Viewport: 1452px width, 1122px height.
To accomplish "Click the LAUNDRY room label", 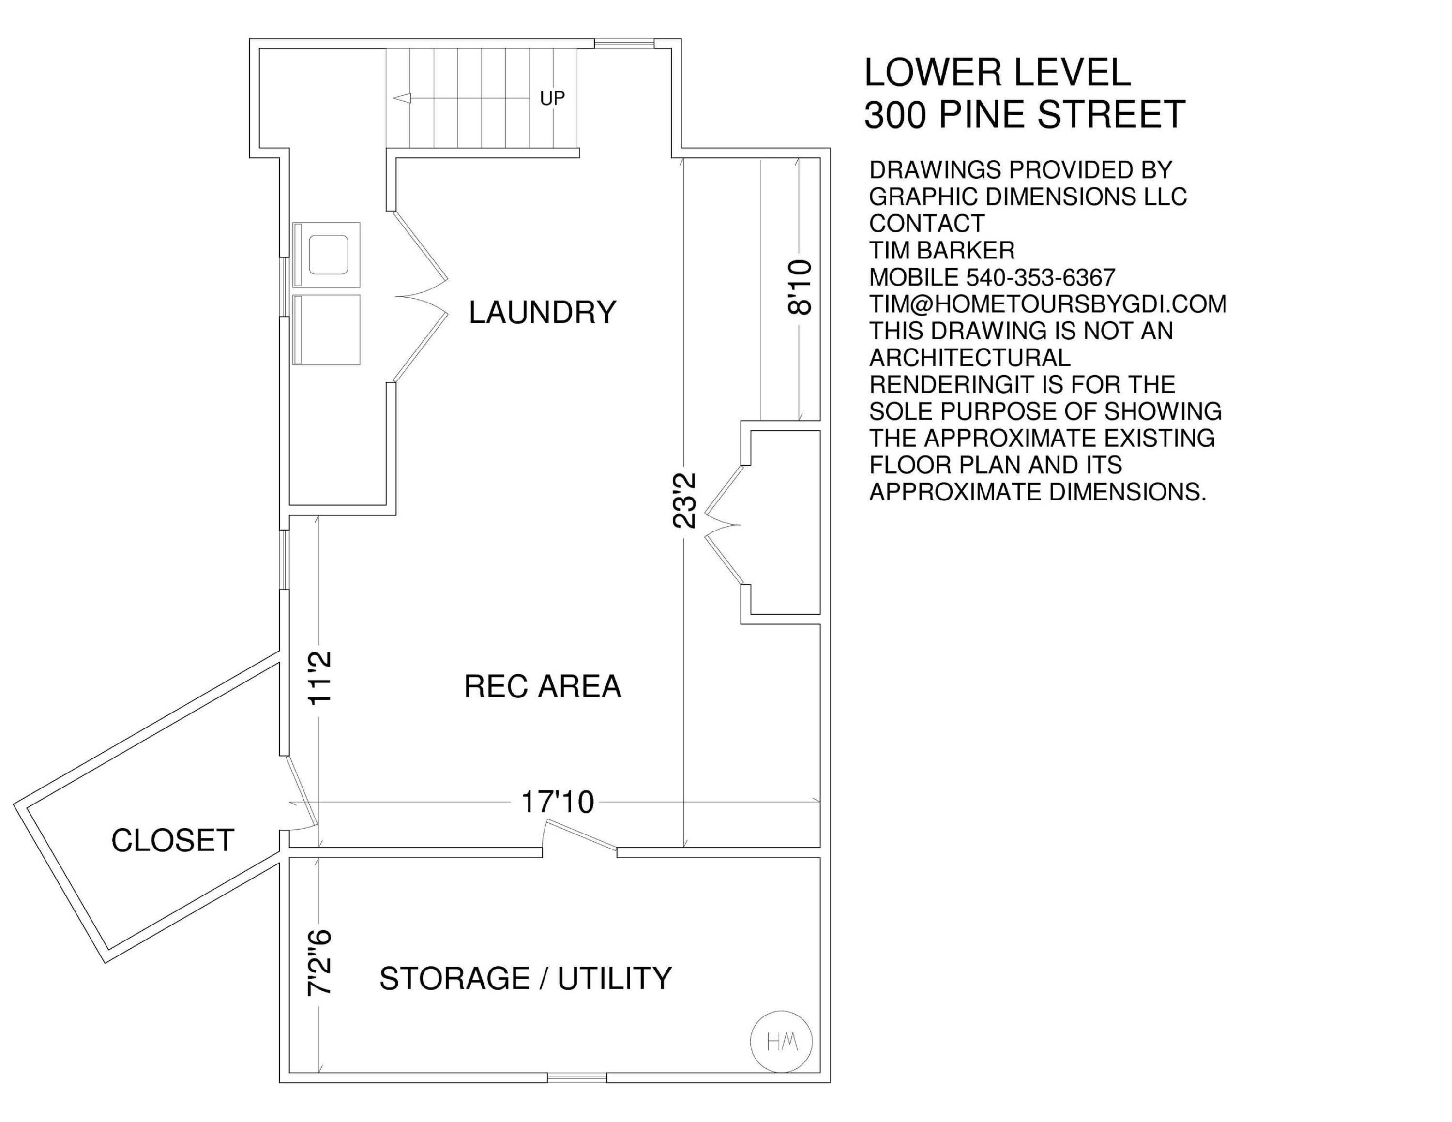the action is click(543, 312).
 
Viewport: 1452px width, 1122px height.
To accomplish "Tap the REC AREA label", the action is click(543, 686).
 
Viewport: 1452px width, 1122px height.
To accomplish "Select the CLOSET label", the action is click(173, 840).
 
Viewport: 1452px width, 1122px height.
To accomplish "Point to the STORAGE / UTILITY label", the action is click(525, 978).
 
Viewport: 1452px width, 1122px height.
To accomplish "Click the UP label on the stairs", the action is click(552, 98).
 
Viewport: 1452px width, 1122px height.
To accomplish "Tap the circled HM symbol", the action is click(781, 1042).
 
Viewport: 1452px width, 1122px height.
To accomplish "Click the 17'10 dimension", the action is click(557, 802).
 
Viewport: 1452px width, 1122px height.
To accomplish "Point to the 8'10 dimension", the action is click(799, 287).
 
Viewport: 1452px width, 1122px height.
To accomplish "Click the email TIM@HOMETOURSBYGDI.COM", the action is click(1048, 304).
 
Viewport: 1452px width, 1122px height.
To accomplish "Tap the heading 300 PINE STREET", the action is click(1025, 114).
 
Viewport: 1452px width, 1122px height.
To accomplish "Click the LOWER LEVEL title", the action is click(997, 73).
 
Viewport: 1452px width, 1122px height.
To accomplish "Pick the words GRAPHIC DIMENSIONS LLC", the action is click(1028, 197).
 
